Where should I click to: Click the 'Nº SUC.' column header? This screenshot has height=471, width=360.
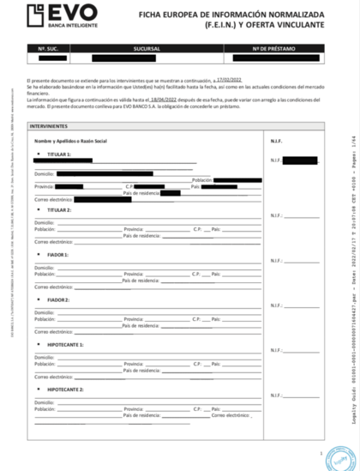pos(52,48)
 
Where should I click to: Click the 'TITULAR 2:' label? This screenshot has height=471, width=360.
pos(60,209)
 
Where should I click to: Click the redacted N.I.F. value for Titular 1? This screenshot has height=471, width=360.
pos(299,160)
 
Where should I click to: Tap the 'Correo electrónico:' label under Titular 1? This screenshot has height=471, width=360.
pos(53,199)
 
